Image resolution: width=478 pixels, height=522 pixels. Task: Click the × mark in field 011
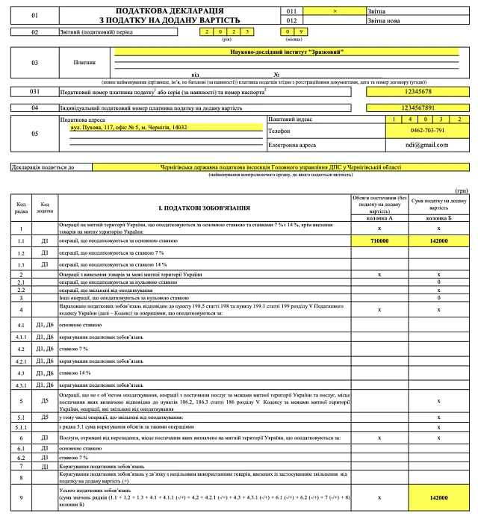point(335,11)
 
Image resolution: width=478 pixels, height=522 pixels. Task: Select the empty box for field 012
point(335,20)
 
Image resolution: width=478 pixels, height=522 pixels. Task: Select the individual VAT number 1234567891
point(417,108)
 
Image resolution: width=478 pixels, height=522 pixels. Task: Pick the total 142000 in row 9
point(438,497)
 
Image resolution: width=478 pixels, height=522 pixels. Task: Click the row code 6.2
point(21,457)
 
